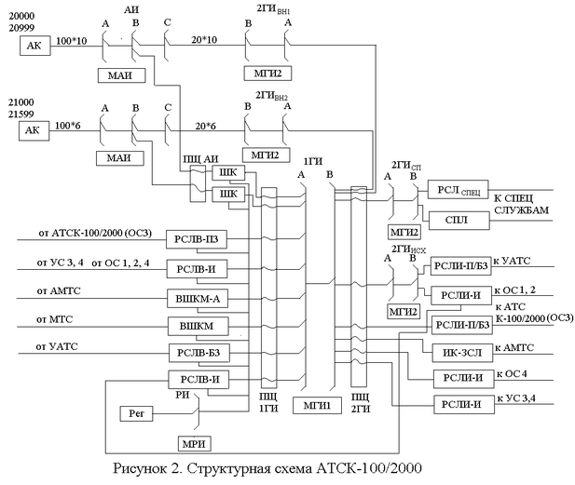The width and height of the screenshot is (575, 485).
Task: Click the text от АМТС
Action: tap(58, 291)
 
